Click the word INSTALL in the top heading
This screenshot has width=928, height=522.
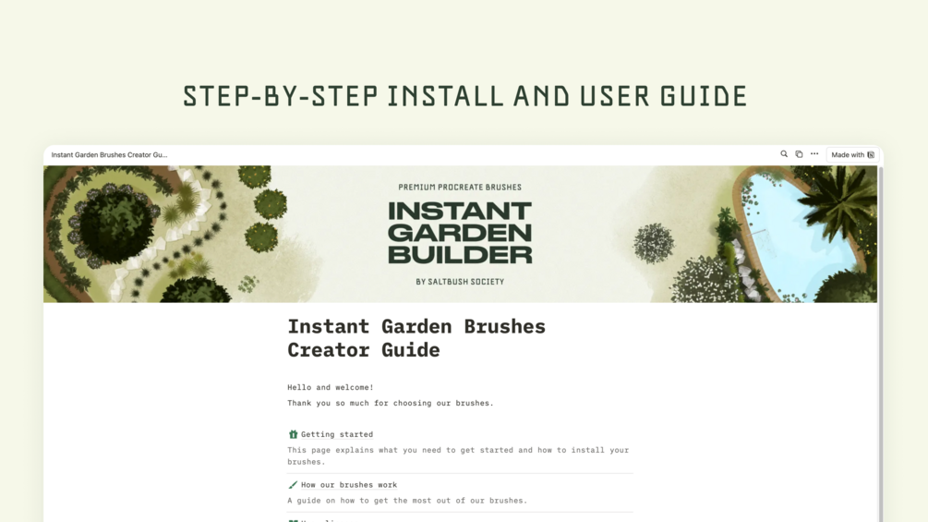445,96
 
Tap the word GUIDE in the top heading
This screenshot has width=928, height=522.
704,96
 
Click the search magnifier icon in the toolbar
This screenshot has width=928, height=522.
784,154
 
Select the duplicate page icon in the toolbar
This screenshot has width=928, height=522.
799,154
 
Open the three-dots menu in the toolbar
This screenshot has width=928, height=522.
814,154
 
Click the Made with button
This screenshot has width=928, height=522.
852,154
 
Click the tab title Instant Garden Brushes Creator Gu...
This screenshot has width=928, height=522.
110,154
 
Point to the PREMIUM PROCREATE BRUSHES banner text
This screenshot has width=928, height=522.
460,187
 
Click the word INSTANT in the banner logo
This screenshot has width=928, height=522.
460,211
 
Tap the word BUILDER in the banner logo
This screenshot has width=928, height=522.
460,255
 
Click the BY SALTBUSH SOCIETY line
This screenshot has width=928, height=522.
460,282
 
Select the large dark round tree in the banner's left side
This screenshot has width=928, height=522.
115,225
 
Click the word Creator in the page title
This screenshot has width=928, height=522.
329,350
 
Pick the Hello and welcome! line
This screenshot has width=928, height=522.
331,387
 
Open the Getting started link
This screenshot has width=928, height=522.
337,434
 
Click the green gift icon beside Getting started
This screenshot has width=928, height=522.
293,434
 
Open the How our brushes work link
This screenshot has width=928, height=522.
349,485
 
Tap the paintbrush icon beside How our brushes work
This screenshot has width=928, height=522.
293,485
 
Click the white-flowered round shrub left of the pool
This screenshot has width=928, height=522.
654,243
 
